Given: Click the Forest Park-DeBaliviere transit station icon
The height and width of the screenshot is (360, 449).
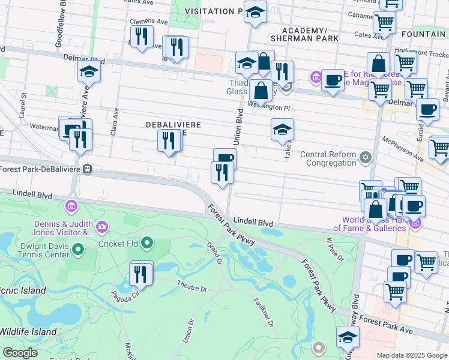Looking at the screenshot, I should click(87, 169).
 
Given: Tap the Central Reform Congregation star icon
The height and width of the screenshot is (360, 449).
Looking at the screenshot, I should click(366, 158).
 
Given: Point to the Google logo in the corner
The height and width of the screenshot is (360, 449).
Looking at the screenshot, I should click(20, 353).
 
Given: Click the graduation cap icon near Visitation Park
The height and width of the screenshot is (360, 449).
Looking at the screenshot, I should click(255, 11).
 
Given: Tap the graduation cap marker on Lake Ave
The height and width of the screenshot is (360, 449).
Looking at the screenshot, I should click(282, 129).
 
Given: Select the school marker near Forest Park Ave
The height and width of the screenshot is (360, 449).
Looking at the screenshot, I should click(348, 337).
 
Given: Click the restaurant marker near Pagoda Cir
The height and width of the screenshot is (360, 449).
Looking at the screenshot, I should click(141, 274).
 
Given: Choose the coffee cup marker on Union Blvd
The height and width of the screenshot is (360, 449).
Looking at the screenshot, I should click(224, 158).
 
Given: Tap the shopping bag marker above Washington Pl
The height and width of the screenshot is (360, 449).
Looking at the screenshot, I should click(261, 91).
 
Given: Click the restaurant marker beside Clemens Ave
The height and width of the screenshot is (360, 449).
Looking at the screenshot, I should click(142, 36).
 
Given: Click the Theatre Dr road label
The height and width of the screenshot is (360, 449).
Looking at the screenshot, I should click(191, 286).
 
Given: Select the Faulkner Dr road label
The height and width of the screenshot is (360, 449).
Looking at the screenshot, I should click(264, 313).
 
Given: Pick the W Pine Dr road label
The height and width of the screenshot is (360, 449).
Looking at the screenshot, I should click(334, 249).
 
